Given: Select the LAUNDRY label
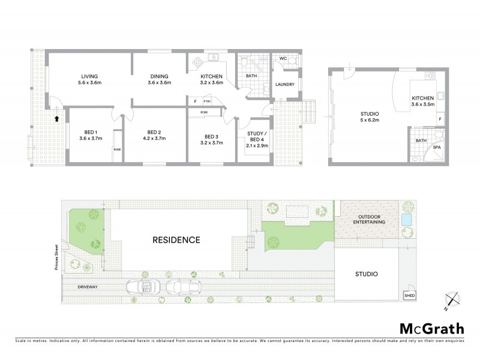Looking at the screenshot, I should click(x=284, y=85).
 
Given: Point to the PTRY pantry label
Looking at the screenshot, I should click(x=206, y=101).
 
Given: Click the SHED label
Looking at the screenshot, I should click(x=410, y=296).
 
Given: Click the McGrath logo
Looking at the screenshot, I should click(x=431, y=329).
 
